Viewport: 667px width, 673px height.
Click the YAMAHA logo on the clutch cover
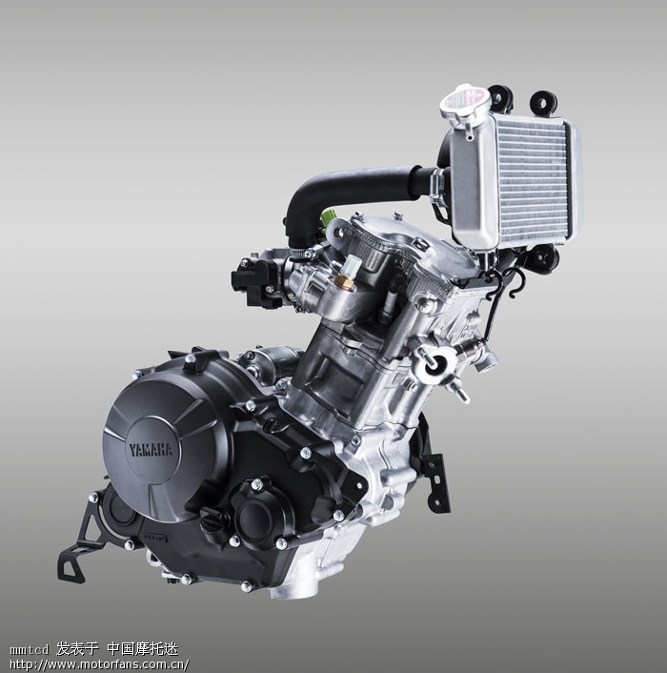coord(151,450)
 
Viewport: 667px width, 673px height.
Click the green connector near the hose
coord(327,220)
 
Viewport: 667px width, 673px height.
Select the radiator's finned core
coord(532,180)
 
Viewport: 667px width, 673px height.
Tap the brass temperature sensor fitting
coord(344,281)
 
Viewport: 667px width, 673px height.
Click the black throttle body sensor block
coord(256,281)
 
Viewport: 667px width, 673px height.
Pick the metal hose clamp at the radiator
coord(436,184)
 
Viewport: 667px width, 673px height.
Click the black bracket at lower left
coord(84,540)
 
